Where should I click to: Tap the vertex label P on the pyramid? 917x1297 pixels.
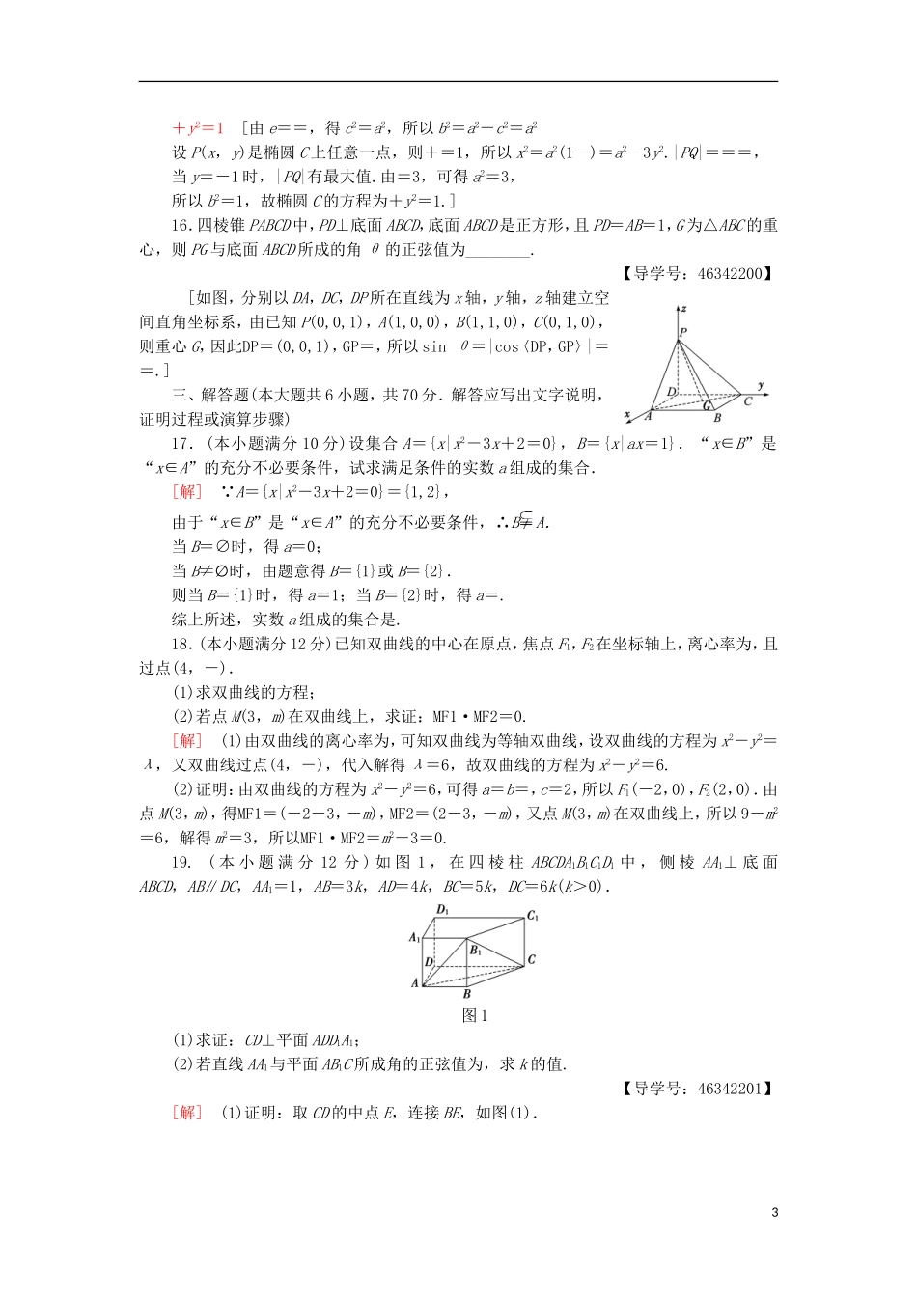(682, 332)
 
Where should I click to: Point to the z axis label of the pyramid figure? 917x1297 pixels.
(683, 309)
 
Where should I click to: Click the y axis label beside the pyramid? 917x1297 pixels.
(762, 386)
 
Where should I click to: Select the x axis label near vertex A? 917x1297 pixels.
(627, 414)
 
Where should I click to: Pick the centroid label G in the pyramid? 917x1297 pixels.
(707, 405)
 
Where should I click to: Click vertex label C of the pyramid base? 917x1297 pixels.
(747, 401)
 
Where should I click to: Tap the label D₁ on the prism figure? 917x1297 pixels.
(443, 909)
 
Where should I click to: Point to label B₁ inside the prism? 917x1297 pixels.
(476, 951)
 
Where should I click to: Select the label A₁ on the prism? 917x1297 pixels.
(415, 937)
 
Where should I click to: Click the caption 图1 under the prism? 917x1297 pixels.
(475, 1015)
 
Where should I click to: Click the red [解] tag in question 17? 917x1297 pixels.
(187, 492)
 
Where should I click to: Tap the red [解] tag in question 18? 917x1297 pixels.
(187, 741)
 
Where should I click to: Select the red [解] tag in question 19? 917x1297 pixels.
(187, 1113)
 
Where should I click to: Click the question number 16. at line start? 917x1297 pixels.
(182, 226)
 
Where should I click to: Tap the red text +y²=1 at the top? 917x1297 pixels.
(198, 128)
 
